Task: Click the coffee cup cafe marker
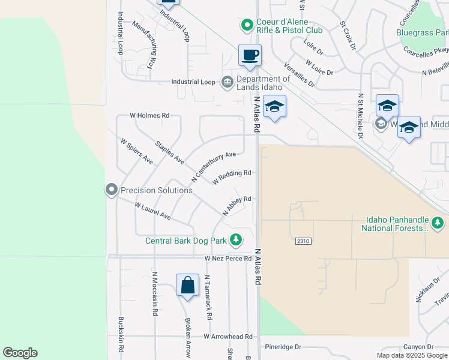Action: coord(250,55)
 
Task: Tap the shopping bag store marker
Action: coord(187,285)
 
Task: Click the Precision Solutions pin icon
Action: coord(111,190)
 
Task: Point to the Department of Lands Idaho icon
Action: coord(227,82)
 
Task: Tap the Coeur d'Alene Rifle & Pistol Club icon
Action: coord(246,25)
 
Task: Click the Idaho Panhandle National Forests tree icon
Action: coord(438,224)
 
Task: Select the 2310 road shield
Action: coord(303,241)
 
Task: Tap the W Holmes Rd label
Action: coord(150,115)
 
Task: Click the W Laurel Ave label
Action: coord(152,211)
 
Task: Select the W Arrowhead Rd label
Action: coord(228,337)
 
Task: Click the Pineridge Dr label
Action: coord(282,347)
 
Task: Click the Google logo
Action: coord(20,353)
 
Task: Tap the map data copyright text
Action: coord(412,355)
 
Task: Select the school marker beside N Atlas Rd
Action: coord(274,107)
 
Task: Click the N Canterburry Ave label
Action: coord(213,167)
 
